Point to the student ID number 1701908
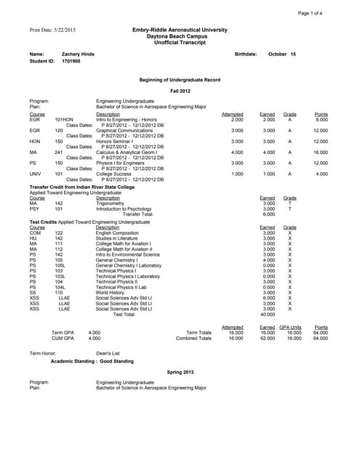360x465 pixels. pos(71,62)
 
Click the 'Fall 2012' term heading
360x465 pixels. pos(180,91)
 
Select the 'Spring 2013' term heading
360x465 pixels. pos(180,371)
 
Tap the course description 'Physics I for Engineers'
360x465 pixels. pos(125,163)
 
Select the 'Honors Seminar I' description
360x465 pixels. pos(118,142)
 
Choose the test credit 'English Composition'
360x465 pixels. pos(121,232)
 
